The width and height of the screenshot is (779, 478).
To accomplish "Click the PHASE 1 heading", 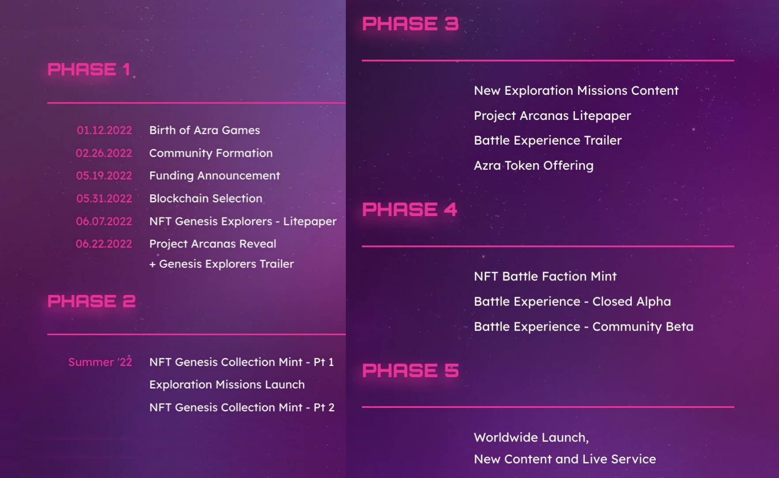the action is [89, 69].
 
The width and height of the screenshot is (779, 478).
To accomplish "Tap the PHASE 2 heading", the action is [91, 301].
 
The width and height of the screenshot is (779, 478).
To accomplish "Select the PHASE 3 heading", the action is [410, 24].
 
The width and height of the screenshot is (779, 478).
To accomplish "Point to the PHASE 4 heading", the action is [409, 209].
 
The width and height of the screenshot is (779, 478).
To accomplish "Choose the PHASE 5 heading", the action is [410, 370].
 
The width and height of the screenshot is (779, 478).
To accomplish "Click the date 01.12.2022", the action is [104, 130].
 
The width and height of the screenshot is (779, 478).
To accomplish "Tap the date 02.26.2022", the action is [104, 153].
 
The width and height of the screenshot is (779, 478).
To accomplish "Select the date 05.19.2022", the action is [104, 176].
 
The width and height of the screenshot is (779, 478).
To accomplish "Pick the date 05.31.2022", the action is [104, 198].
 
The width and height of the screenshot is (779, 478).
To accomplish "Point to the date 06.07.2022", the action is [104, 221].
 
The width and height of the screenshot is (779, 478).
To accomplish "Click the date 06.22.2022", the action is [104, 244].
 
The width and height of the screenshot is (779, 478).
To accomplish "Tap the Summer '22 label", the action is [100, 362].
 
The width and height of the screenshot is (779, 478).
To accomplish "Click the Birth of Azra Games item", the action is [205, 130].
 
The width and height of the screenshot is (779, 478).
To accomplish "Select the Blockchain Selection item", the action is [206, 198].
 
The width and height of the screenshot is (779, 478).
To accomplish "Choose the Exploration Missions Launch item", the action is [227, 385].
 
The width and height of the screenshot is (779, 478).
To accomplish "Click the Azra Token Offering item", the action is [534, 165].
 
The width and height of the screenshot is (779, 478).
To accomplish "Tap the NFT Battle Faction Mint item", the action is [545, 276].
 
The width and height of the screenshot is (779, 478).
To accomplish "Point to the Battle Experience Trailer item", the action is [548, 140].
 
